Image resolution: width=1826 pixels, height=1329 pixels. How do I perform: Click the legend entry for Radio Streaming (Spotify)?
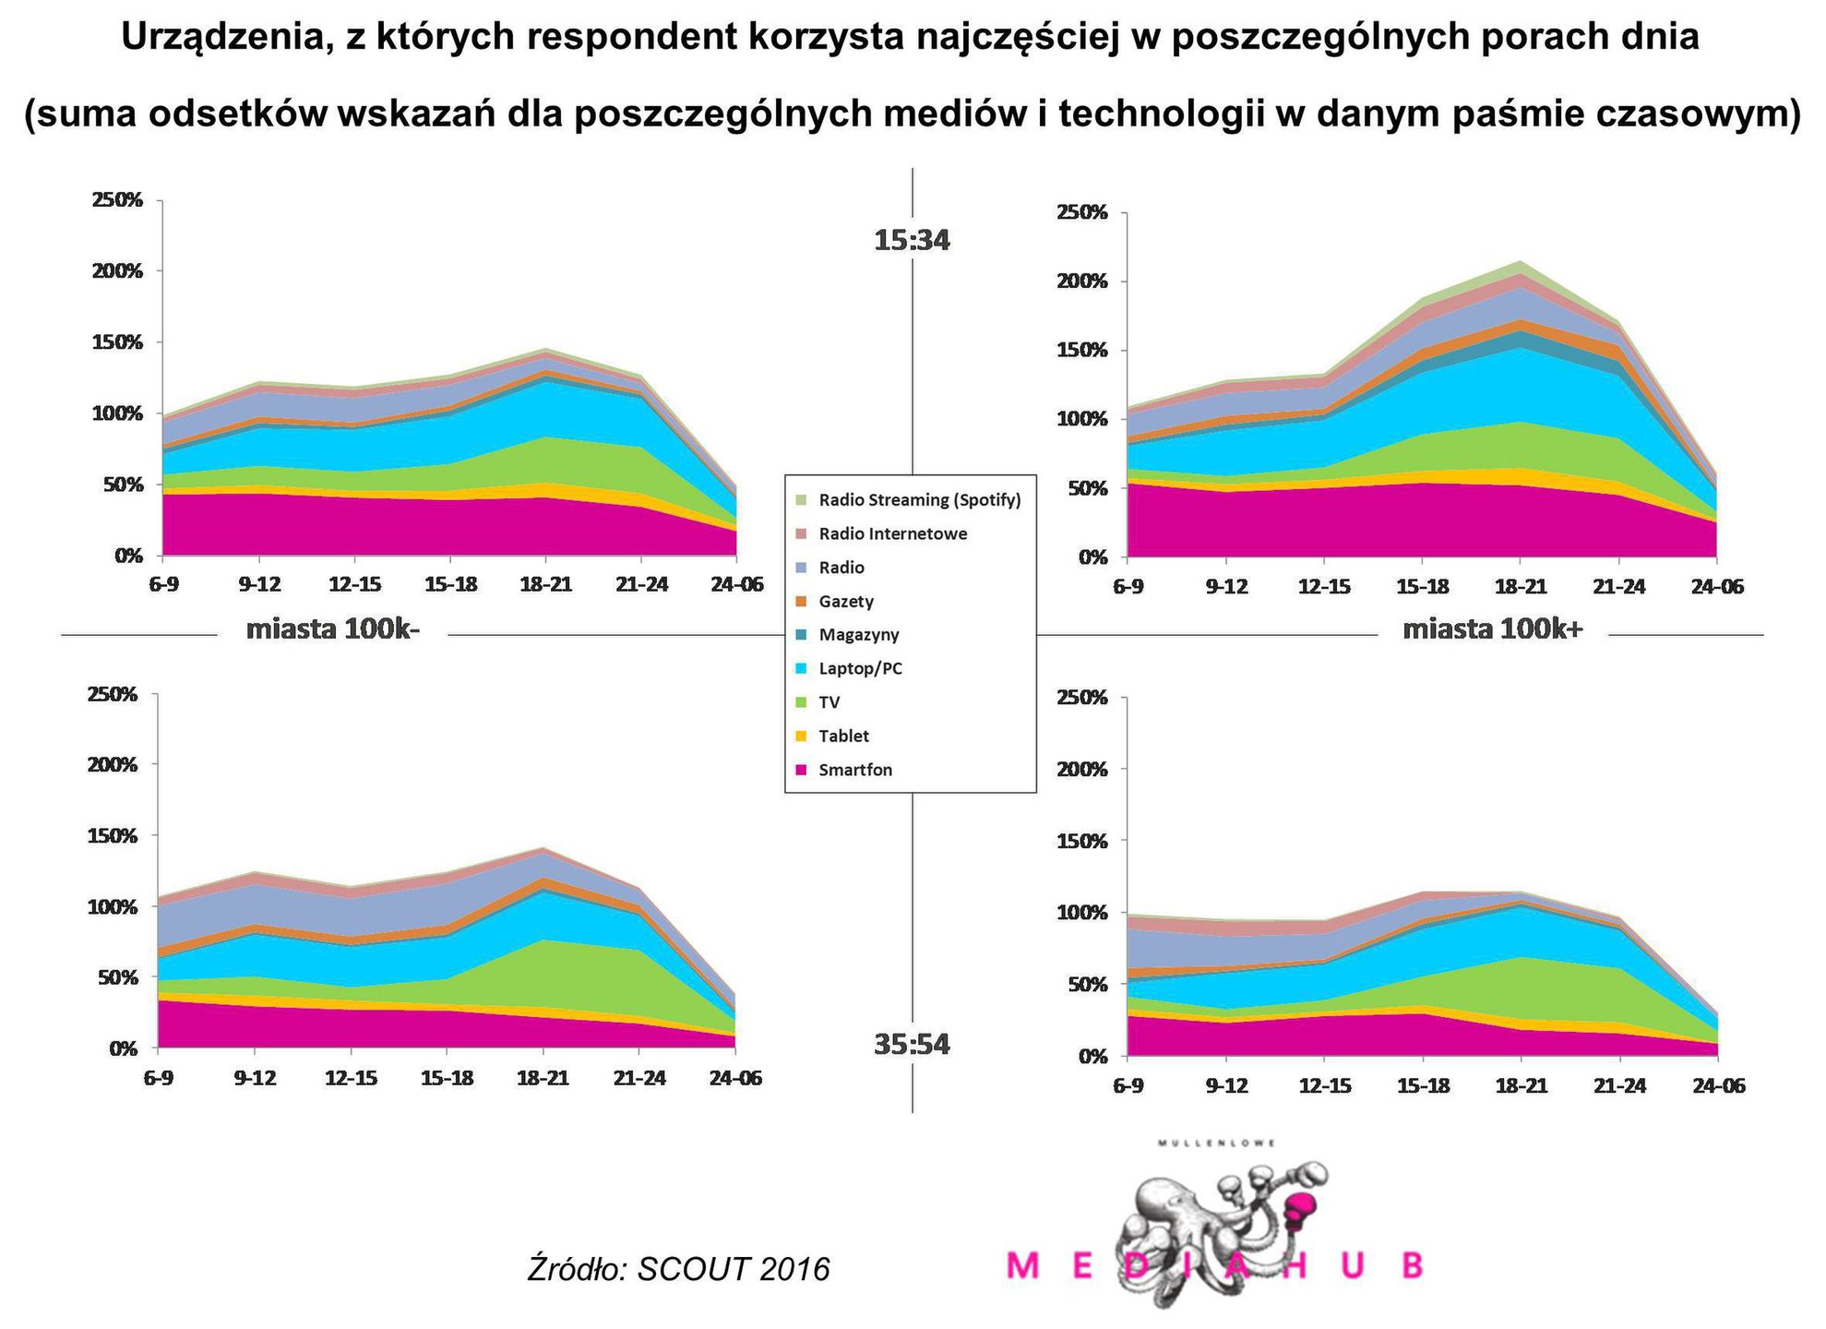click(919, 500)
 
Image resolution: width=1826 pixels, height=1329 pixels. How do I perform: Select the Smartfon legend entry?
click(854, 770)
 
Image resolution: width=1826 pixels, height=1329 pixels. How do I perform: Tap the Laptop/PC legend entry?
click(860, 668)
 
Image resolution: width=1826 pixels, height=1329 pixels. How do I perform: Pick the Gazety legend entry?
click(845, 601)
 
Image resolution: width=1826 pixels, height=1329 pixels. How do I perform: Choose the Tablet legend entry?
click(843, 736)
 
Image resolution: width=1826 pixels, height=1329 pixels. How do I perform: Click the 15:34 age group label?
click(912, 241)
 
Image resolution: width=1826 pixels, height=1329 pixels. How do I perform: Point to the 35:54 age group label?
click(912, 1045)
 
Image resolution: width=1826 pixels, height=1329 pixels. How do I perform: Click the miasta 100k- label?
click(333, 630)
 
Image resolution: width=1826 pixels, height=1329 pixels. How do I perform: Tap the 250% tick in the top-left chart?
click(117, 200)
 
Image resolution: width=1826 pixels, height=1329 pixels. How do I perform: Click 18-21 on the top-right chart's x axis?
click(1521, 587)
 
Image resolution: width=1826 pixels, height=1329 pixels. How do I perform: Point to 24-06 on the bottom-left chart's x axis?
click(735, 1078)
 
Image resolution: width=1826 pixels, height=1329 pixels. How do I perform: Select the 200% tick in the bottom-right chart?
click(1081, 770)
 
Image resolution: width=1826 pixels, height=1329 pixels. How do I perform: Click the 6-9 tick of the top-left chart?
click(163, 584)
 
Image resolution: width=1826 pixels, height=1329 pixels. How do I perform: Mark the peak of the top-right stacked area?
click(1521, 262)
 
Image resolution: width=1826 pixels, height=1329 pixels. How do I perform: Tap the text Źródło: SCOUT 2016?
click(678, 1269)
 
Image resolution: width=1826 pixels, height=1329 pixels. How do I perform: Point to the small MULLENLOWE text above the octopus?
click(1217, 1143)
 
